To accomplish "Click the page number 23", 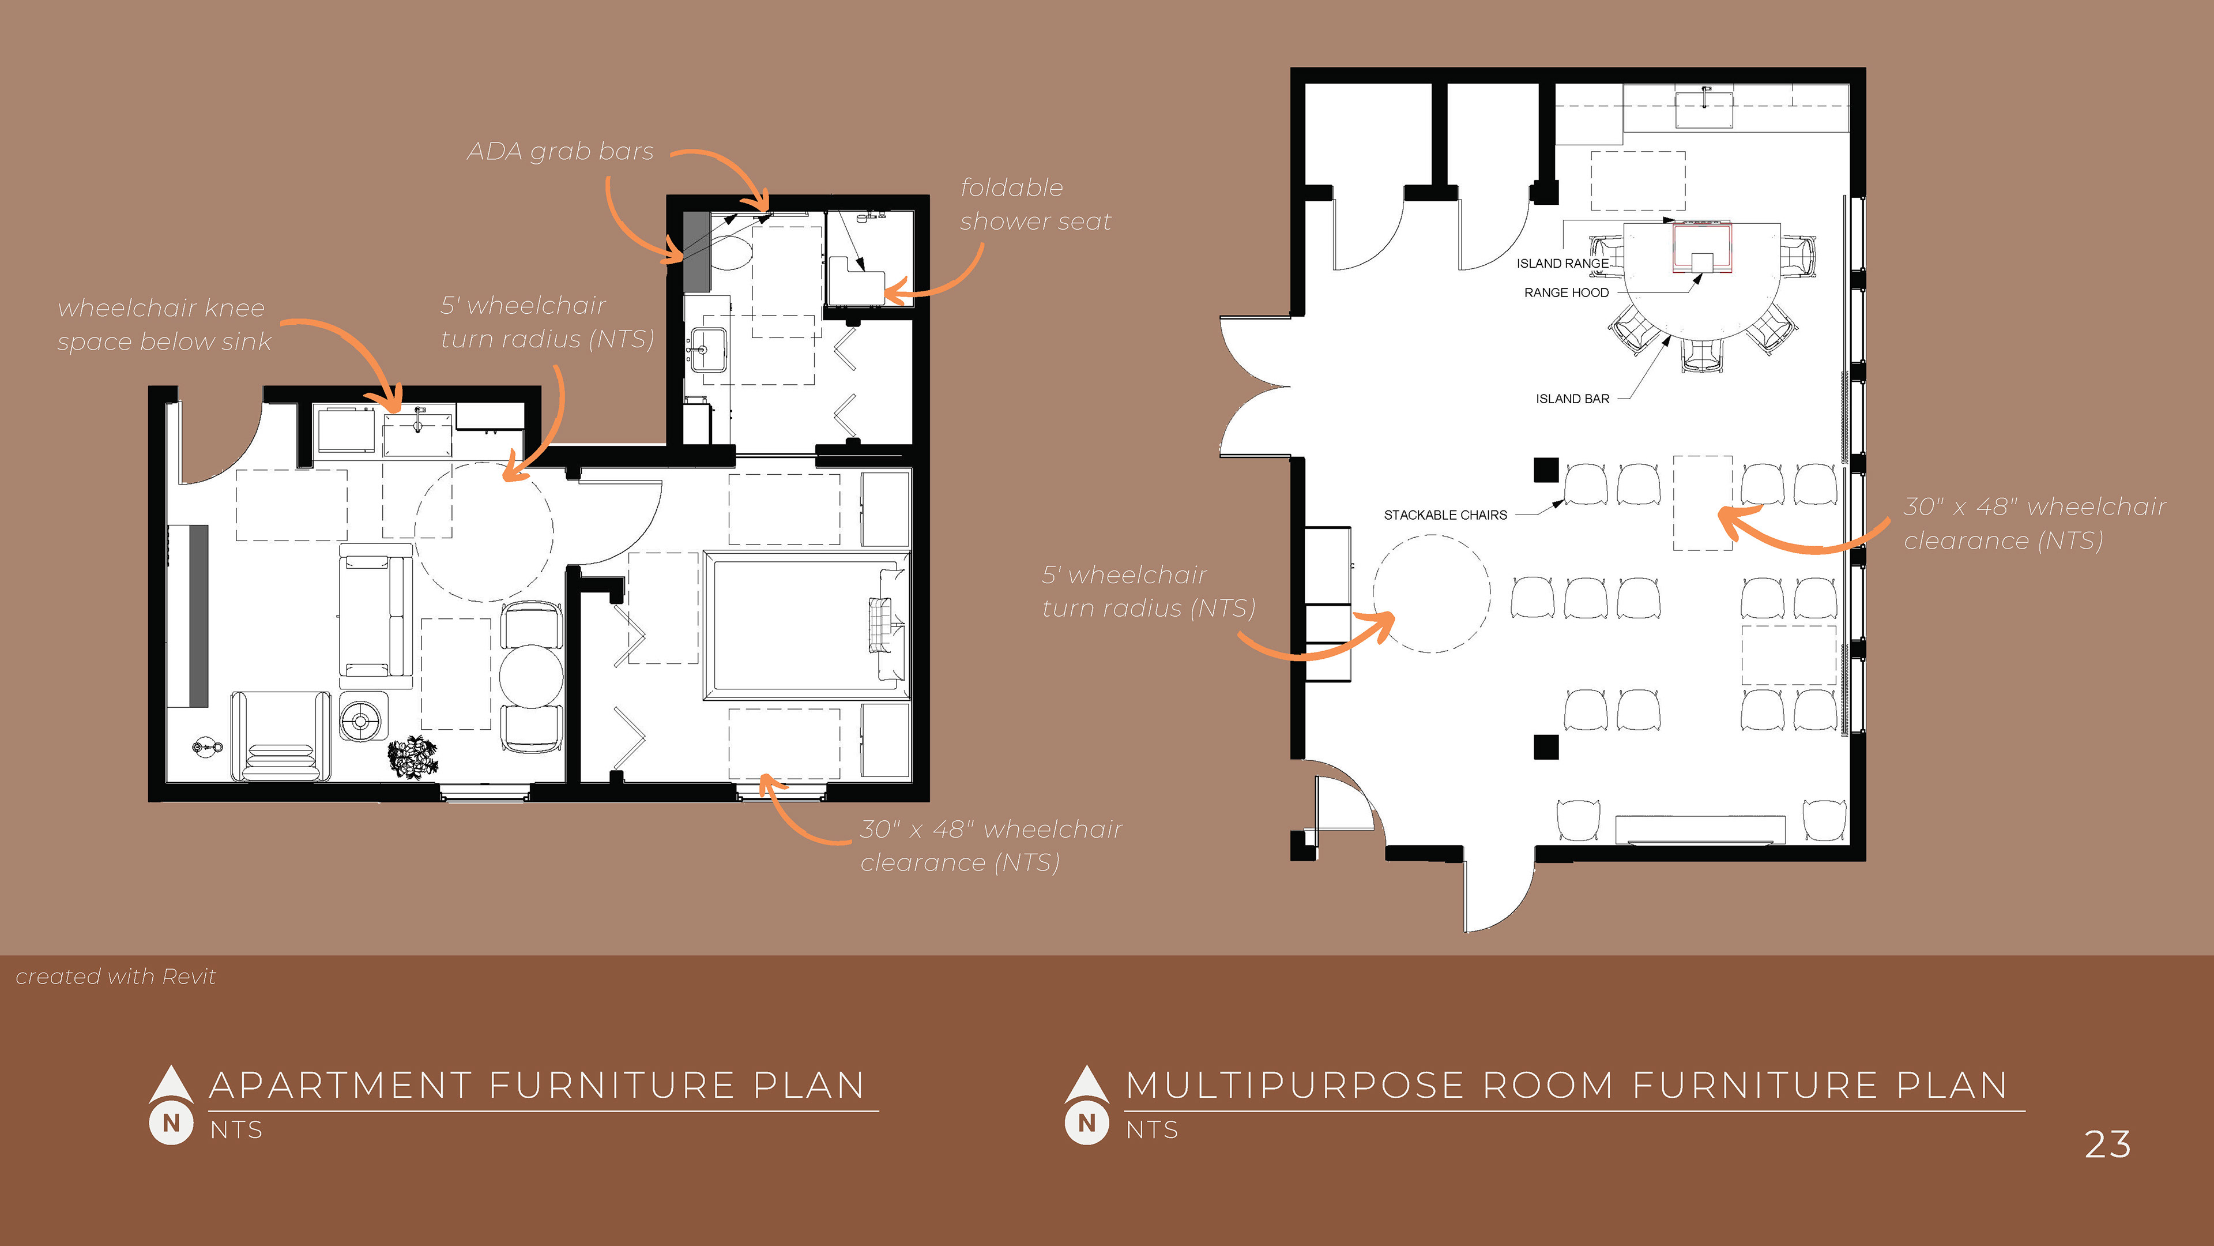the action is click(2107, 1144).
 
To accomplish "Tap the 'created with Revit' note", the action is click(116, 977).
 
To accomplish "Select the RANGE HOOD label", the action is click(1566, 293).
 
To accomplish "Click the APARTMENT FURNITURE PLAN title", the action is click(537, 1085).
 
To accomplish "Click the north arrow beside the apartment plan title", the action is click(171, 1106).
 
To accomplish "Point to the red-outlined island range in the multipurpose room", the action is click(1702, 249).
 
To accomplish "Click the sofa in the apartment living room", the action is click(375, 616).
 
